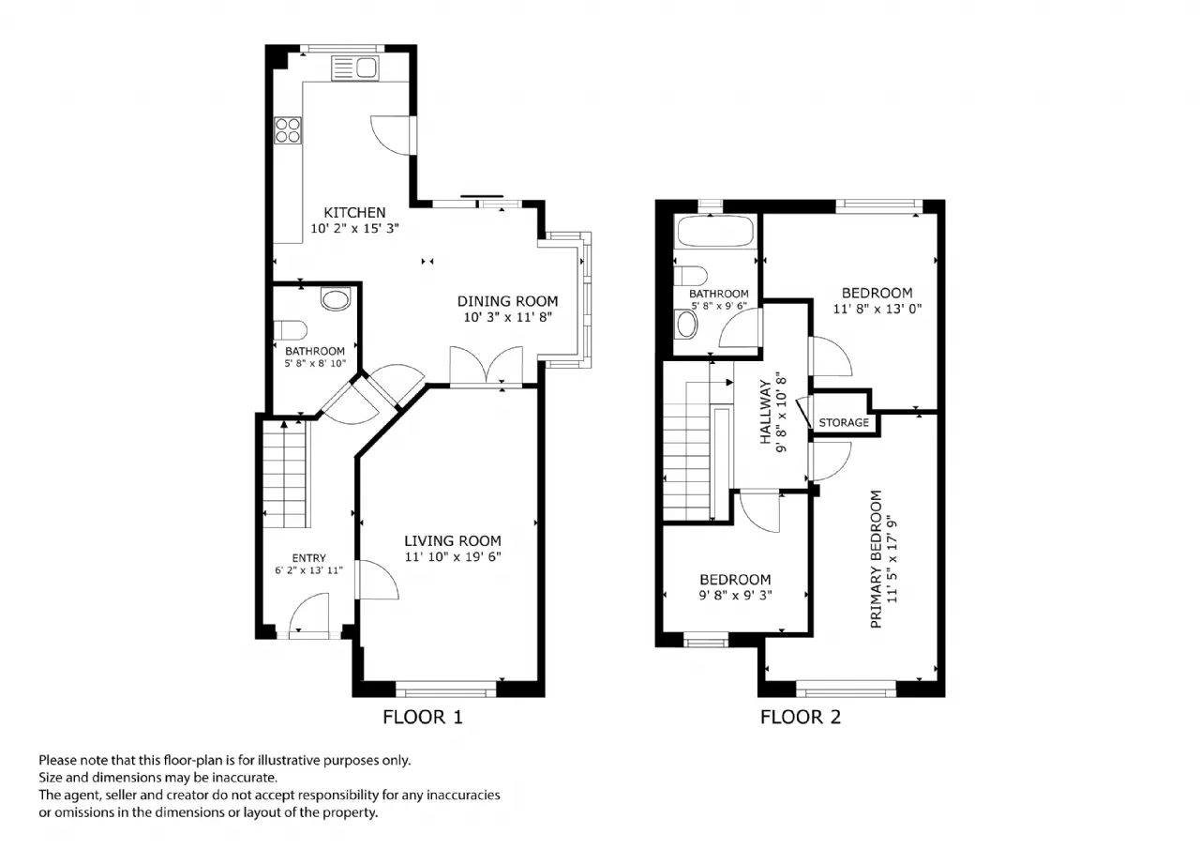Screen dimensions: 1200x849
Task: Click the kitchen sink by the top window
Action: click(354, 68)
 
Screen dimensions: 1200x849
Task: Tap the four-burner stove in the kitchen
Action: click(288, 130)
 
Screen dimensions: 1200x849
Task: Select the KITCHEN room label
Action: click(354, 212)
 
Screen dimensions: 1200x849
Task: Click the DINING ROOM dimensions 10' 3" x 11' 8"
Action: click(507, 317)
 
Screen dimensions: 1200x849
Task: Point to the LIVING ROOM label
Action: click(453, 540)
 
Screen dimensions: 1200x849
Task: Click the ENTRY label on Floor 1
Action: click(308, 558)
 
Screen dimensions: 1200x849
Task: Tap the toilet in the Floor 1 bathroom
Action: click(291, 330)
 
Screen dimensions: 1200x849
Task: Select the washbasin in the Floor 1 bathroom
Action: click(336, 299)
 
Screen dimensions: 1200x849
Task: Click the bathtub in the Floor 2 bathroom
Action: click(715, 231)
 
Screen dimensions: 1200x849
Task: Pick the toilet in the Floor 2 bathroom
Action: click(691, 276)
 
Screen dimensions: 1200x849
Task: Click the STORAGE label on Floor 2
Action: click(844, 422)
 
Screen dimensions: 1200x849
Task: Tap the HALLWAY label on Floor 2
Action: click(766, 412)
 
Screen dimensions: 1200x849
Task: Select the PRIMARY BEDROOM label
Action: click(876, 559)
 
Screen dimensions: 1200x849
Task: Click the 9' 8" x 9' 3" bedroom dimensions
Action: click(735, 595)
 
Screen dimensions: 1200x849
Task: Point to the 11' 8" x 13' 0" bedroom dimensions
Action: click(877, 309)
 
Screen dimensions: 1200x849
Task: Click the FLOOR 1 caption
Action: click(422, 717)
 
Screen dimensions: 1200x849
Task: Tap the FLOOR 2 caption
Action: click(801, 717)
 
